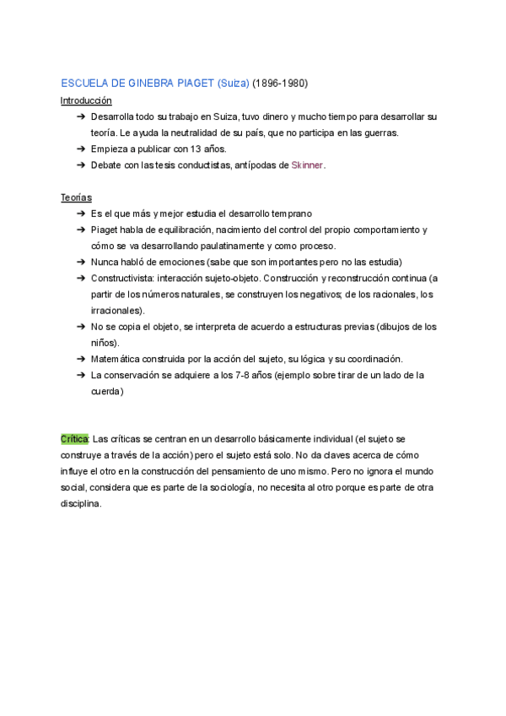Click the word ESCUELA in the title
pos(83,84)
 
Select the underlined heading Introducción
pos(86,100)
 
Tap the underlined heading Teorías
pos(76,198)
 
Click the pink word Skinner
pos(307,165)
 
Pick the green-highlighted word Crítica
pos(74,440)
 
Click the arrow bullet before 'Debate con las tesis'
pos(80,165)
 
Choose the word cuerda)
pos(107,391)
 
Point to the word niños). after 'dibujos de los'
pos(105,343)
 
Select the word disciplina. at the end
pos(81,504)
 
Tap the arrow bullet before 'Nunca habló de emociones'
pos(80,263)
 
